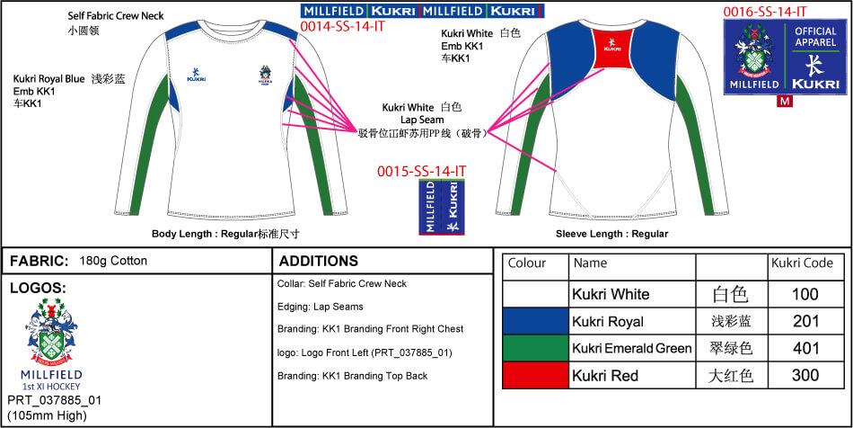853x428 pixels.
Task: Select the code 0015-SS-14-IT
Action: click(x=421, y=171)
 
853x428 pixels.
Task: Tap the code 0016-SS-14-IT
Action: click(x=766, y=12)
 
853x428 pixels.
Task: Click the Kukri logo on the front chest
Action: click(x=197, y=76)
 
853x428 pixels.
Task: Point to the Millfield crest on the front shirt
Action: click(x=267, y=75)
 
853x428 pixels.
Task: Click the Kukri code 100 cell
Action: click(x=805, y=294)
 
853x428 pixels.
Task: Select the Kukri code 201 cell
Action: click(x=805, y=321)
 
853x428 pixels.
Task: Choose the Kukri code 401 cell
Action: click(x=805, y=348)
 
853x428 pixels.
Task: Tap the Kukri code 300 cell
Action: click(x=805, y=375)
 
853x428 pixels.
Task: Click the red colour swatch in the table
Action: click(x=535, y=375)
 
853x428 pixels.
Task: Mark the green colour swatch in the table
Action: click(x=535, y=348)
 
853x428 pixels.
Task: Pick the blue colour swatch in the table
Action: click(x=535, y=321)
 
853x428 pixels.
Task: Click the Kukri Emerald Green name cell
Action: click(x=632, y=348)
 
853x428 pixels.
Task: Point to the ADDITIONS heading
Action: click(x=319, y=262)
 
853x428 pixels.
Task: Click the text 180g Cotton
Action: click(x=113, y=262)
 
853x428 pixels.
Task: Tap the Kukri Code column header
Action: click(x=801, y=263)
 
